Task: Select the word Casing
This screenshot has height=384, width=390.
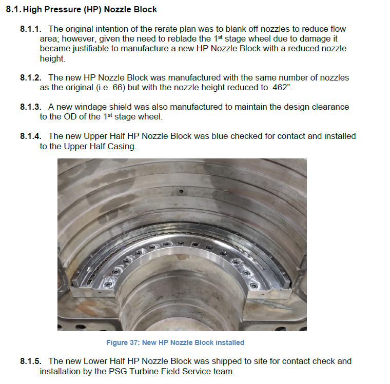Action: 123,146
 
